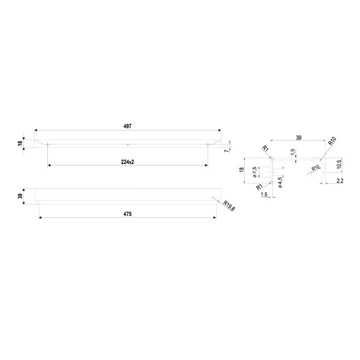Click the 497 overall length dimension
[x=128, y=126]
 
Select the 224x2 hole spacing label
[x=128, y=162]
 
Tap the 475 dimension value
[x=128, y=214]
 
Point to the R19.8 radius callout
[x=229, y=206]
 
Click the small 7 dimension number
[x=227, y=151]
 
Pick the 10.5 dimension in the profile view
[x=340, y=165]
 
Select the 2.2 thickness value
[x=340, y=181]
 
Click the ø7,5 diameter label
[x=254, y=172]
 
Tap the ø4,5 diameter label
[x=280, y=183]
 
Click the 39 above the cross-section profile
[x=298, y=138]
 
